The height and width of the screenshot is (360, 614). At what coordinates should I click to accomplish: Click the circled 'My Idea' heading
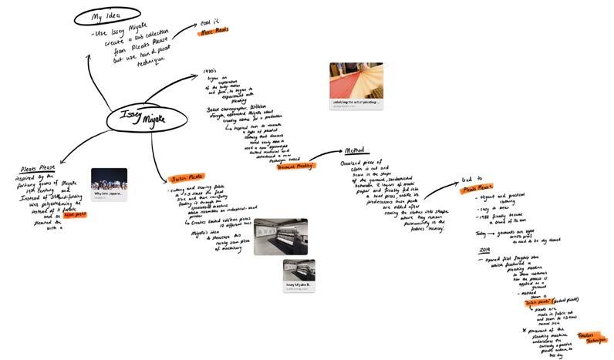[108, 16]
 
